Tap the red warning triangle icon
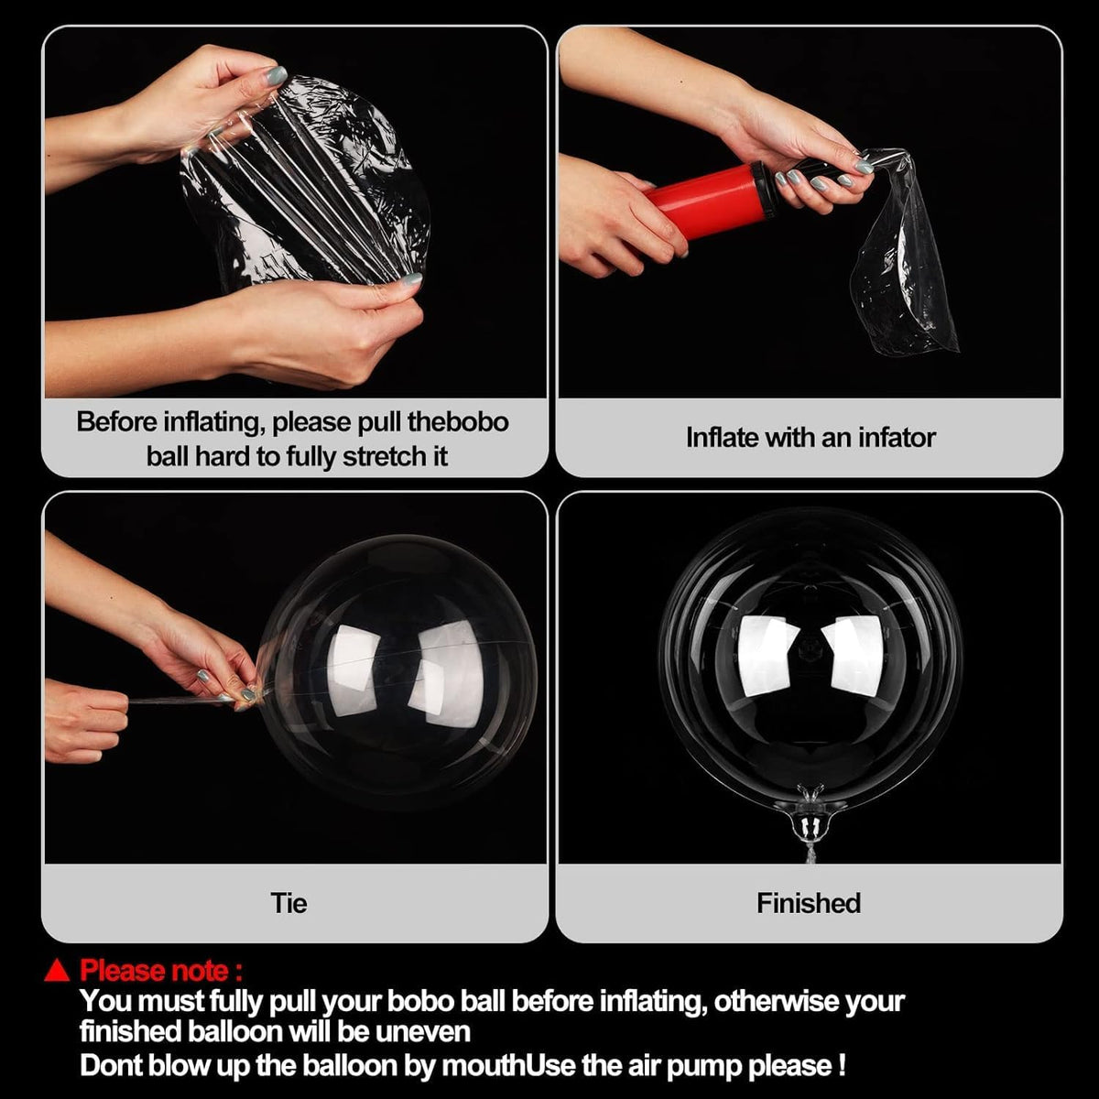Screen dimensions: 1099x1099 tap(58, 970)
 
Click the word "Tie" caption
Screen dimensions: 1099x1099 tap(288, 903)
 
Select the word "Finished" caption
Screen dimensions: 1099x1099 tap(809, 903)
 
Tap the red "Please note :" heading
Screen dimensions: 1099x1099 tap(161, 970)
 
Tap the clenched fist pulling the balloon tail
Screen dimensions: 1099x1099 tap(84, 722)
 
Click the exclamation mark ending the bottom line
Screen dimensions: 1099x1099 tap(842, 1065)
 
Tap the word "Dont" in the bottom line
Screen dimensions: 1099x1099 tap(109, 1065)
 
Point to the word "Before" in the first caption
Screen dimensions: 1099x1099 tap(116, 422)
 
